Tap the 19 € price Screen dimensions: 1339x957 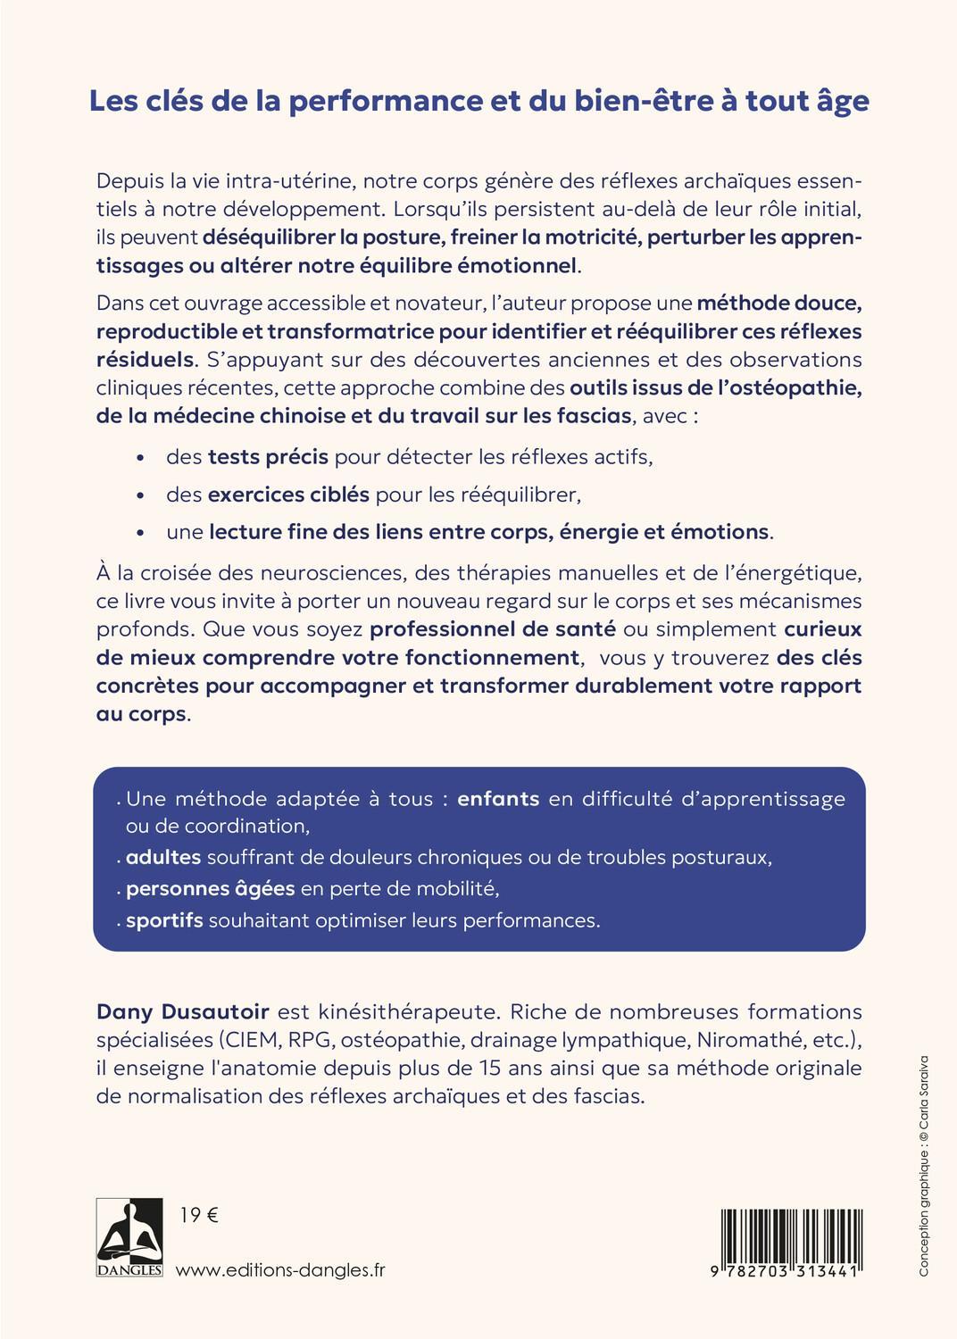199,1215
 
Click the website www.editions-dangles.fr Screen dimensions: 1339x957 281,1270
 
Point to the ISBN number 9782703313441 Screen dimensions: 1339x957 781,1271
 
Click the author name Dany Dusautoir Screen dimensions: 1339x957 182,1011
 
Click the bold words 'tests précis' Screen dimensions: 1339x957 268,457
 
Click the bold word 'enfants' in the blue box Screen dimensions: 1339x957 498,798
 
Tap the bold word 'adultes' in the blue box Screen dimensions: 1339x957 163,857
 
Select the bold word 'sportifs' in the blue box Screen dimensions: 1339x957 164,919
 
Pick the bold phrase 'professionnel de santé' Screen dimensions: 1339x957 493,628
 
